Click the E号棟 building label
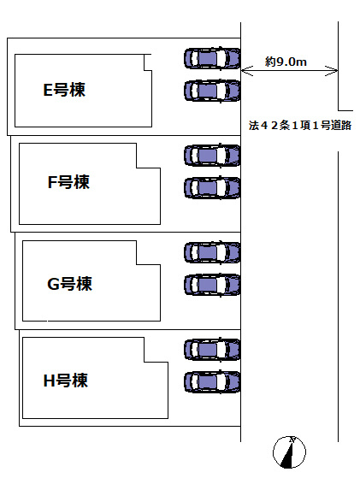65,90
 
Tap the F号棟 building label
68,182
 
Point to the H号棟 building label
66,381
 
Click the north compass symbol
289,451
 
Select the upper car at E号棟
212,58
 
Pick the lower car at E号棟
212,90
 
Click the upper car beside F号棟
212,156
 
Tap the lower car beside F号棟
212,187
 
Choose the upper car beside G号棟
212,252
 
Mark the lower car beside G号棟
212,284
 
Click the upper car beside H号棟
212,349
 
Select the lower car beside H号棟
212,381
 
